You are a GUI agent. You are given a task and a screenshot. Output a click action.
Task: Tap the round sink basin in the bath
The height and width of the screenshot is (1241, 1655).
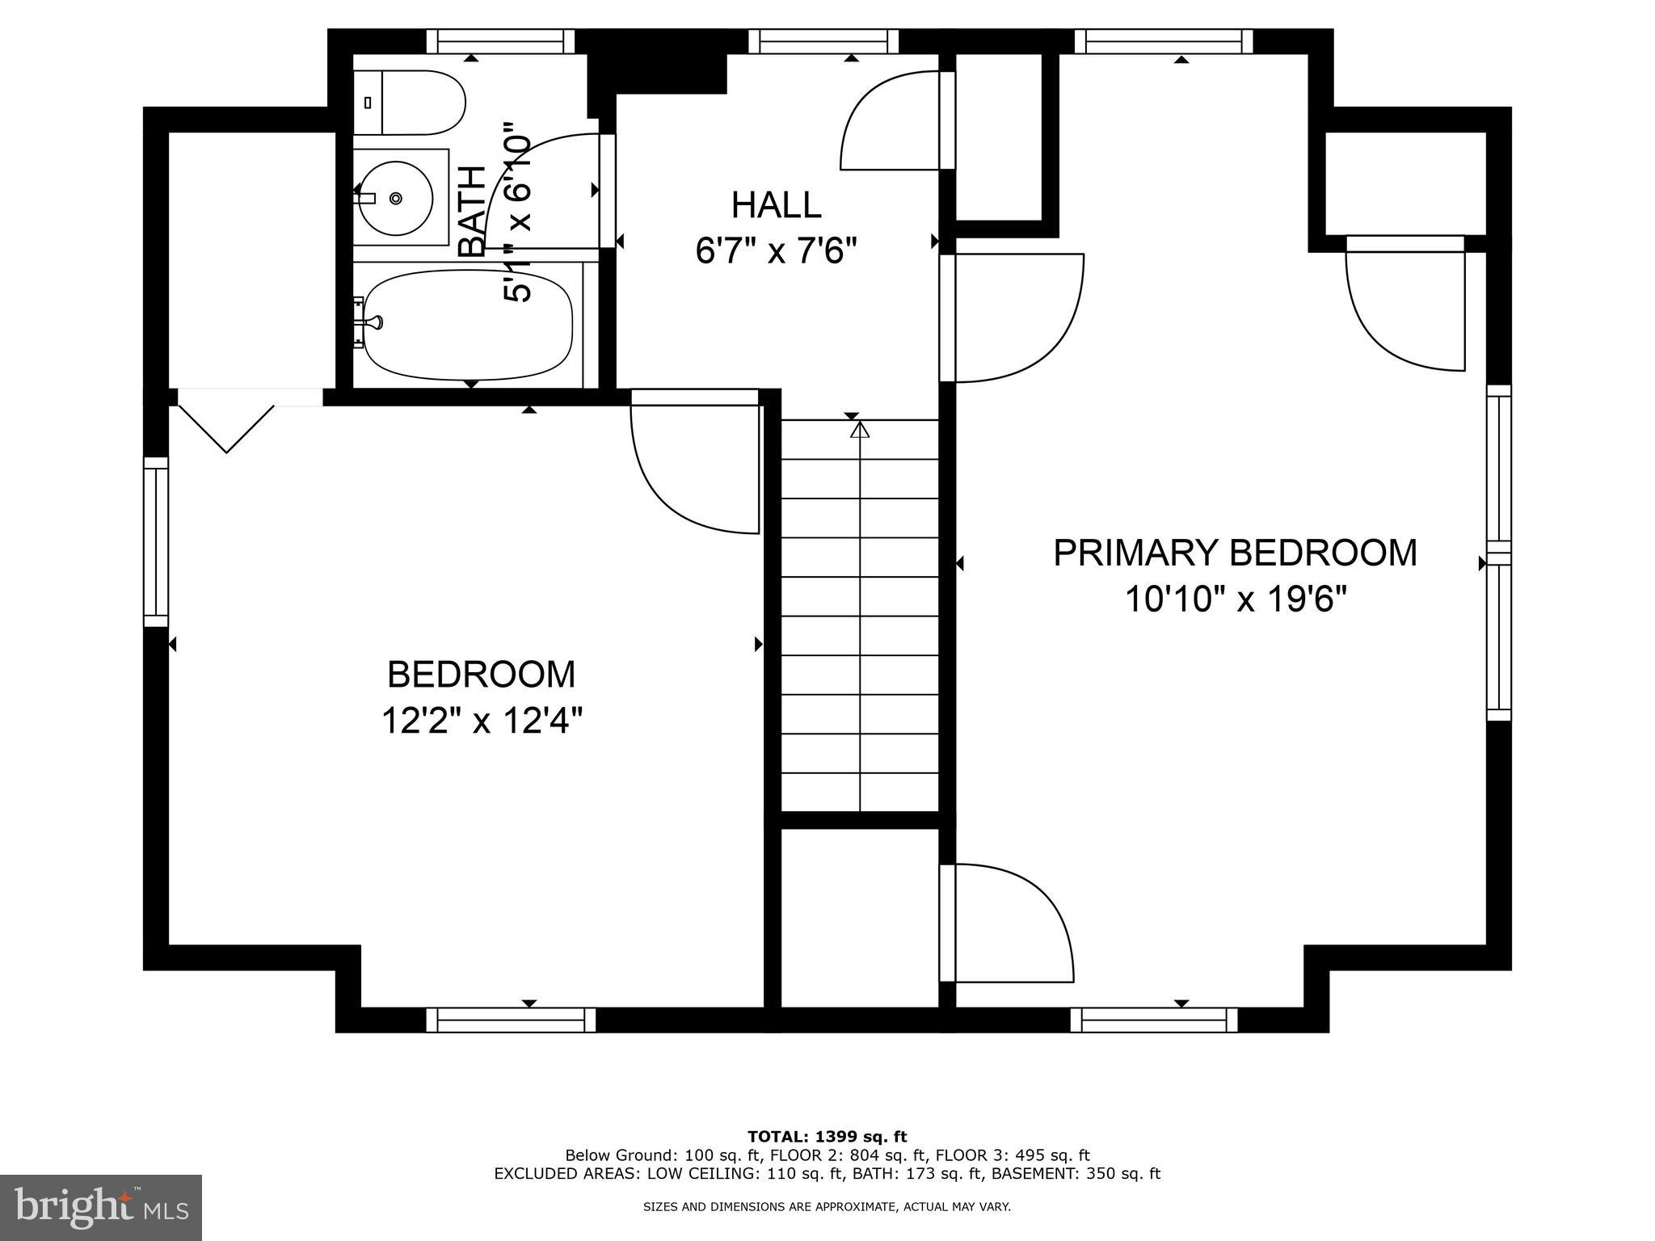[396, 198]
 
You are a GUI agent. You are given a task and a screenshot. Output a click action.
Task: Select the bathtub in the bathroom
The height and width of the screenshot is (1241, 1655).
[467, 325]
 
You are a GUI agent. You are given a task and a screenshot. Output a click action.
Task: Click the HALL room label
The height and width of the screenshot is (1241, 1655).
[776, 205]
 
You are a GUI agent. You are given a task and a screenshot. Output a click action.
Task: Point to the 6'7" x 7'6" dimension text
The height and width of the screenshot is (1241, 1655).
[776, 251]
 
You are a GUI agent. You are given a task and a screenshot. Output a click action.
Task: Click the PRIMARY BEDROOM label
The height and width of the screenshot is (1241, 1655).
[1235, 553]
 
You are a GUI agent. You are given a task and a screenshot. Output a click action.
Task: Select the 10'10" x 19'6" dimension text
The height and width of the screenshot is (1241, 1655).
[1236, 599]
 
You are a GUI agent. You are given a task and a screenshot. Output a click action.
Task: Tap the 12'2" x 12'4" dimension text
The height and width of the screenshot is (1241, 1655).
[482, 720]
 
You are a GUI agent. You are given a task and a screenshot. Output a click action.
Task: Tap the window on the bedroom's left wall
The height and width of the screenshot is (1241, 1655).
[156, 541]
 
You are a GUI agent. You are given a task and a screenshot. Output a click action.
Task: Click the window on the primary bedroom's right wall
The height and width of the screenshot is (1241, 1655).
[1499, 553]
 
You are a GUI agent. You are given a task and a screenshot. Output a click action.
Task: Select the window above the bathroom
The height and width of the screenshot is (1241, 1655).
[500, 40]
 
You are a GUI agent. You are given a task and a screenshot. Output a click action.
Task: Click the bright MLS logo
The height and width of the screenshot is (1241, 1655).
[100, 1207]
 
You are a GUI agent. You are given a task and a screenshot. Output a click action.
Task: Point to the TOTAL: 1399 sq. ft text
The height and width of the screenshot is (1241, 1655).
[827, 1138]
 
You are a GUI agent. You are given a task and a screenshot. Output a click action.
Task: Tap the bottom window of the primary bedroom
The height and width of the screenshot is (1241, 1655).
[1154, 1020]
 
